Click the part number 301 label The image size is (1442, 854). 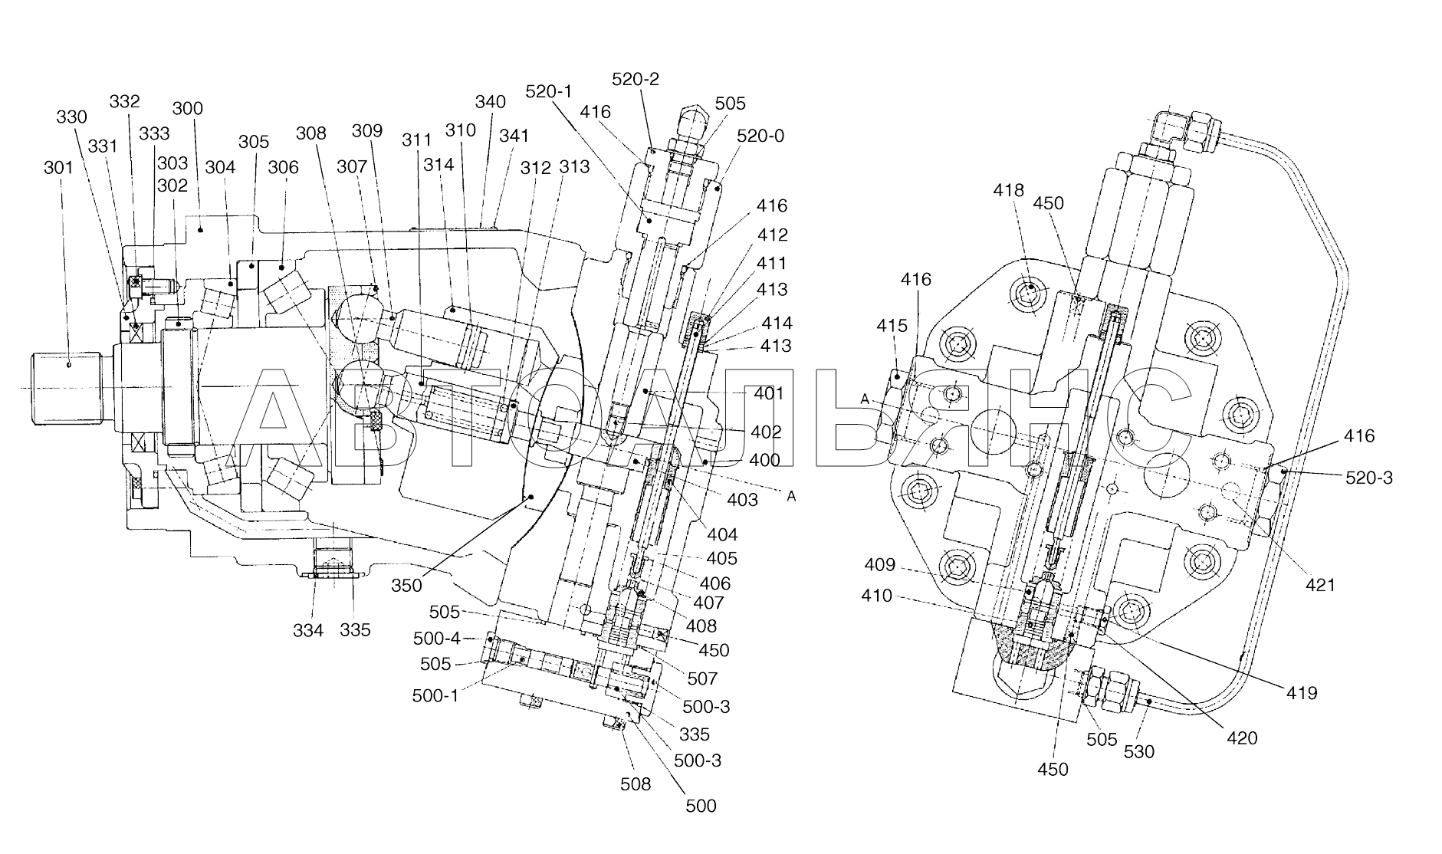pyautogui.click(x=58, y=166)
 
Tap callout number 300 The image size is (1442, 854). pyautogui.click(x=187, y=108)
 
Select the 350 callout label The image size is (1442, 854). pyautogui.click(x=406, y=586)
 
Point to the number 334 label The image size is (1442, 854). pyautogui.click(x=308, y=630)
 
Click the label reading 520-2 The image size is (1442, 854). pyautogui.click(x=636, y=80)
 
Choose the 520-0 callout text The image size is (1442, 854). pyautogui.click(x=760, y=136)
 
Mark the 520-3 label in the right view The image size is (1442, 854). pyautogui.click(x=1369, y=478)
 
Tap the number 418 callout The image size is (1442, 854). pyautogui.click(x=1009, y=190)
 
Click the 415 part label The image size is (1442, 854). pyautogui.click(x=892, y=327)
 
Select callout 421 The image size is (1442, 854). pyautogui.click(x=1321, y=585)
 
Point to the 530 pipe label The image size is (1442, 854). pyautogui.click(x=1138, y=752)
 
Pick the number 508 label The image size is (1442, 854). pyautogui.click(x=635, y=783)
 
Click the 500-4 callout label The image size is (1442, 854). pyautogui.click(x=436, y=639)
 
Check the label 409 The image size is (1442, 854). pyautogui.click(x=879, y=565)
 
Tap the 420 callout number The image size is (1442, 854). pyautogui.click(x=1242, y=738)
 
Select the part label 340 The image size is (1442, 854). pyautogui.click(x=490, y=102)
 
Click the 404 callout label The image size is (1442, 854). pyautogui.click(x=722, y=535)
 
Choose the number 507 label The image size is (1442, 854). pyautogui.click(x=702, y=678)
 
